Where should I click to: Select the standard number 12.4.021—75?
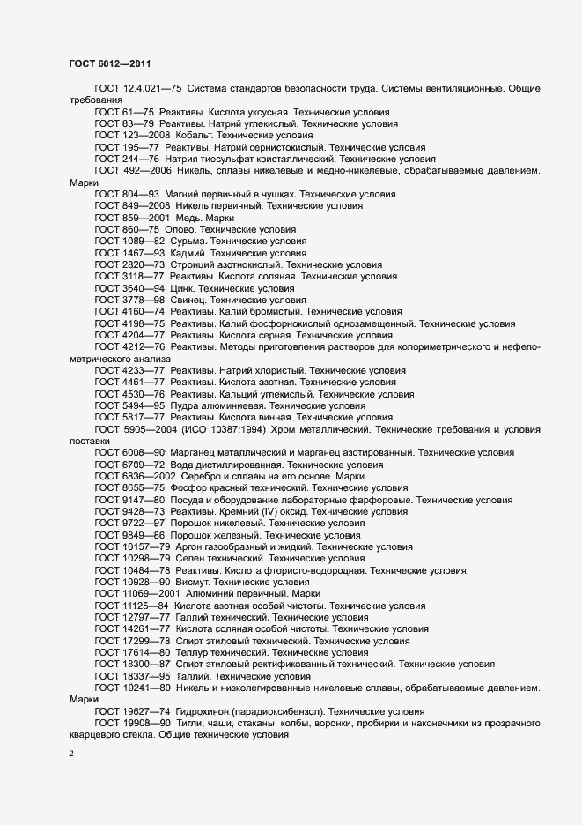point(153,90)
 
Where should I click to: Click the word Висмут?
point(193,582)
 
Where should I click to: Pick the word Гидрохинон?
point(202,710)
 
